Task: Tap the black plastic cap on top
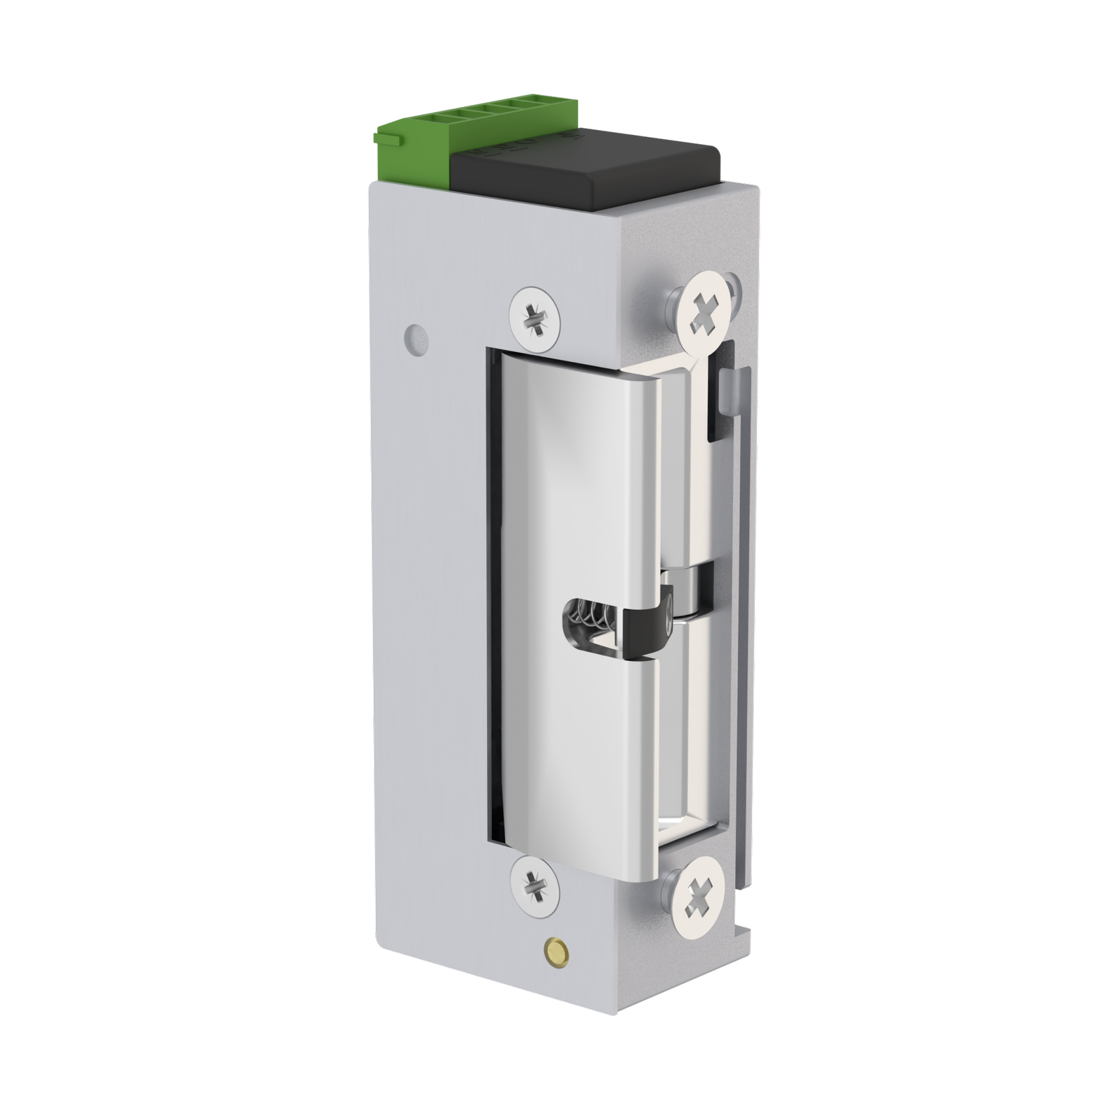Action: coord(587,168)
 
